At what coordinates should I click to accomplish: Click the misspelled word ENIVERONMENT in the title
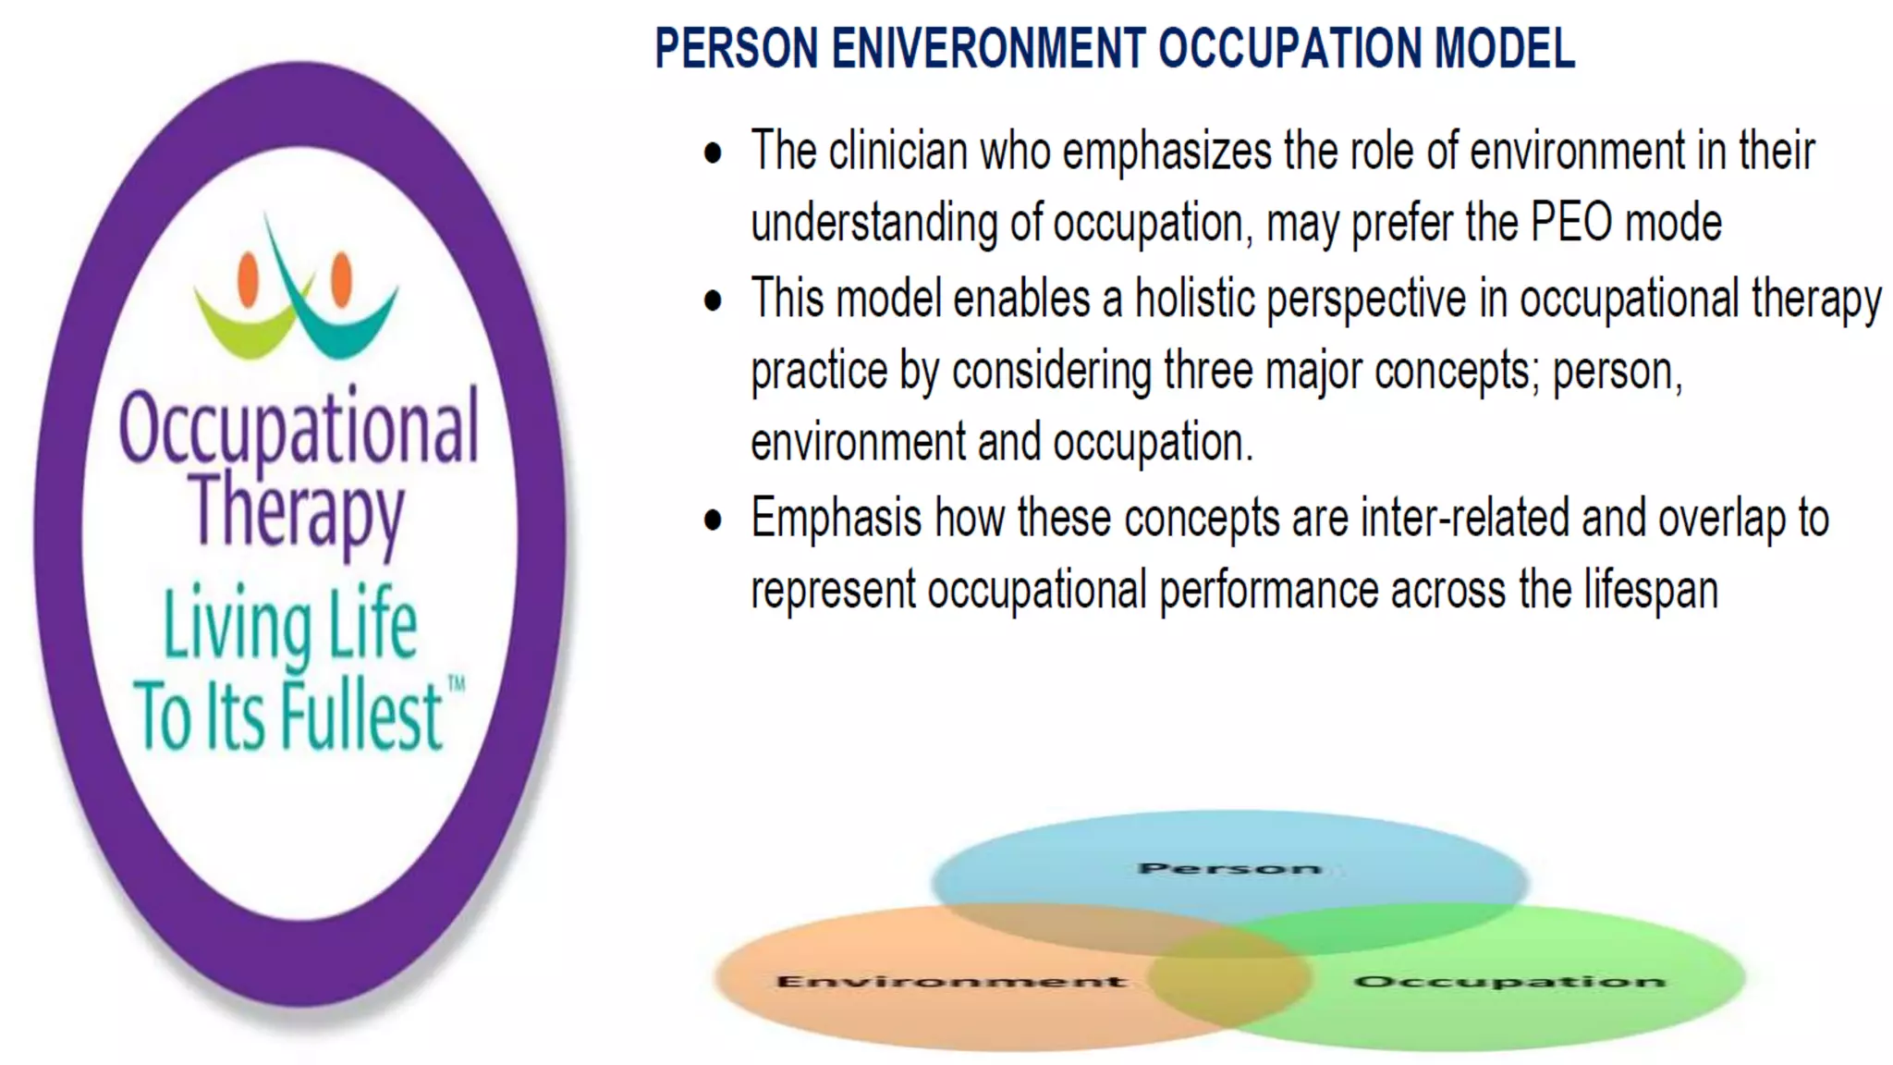988,49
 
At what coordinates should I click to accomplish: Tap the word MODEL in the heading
1504,49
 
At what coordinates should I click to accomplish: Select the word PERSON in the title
737,49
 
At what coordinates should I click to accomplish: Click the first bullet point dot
713,153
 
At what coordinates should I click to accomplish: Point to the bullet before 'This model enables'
713,300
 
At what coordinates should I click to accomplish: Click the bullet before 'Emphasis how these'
713,520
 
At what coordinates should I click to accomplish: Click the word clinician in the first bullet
898,152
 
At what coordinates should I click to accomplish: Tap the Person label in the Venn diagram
1229,868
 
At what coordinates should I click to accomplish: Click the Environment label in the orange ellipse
952,981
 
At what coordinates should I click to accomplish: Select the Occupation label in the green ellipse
1508,981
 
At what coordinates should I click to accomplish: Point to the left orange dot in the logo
248,279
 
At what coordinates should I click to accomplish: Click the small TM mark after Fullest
457,684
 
